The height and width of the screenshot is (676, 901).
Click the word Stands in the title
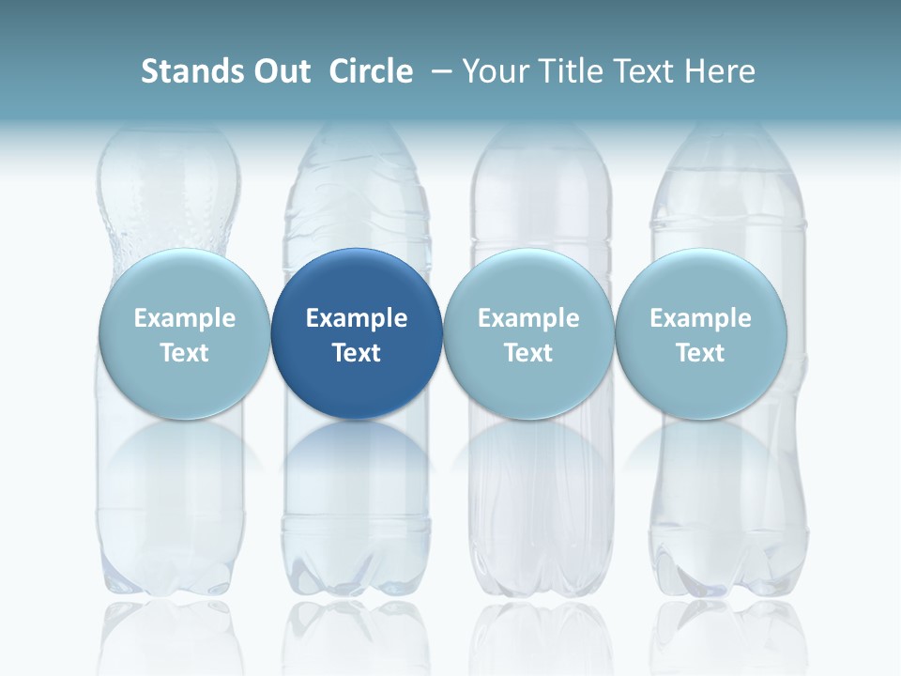click(x=191, y=71)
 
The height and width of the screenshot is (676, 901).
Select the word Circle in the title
click(x=371, y=71)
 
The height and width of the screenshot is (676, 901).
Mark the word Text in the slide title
click(x=649, y=71)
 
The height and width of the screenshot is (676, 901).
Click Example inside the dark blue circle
click(x=357, y=318)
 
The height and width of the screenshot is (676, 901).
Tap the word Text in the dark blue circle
click(x=357, y=353)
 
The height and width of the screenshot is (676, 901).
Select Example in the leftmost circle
click(x=185, y=318)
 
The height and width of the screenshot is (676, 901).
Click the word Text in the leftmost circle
click(x=185, y=353)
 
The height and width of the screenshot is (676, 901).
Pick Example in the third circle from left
click(x=528, y=318)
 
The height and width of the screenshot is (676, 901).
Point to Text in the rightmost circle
click(x=700, y=353)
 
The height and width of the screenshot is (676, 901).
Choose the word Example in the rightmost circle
click(x=700, y=318)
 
